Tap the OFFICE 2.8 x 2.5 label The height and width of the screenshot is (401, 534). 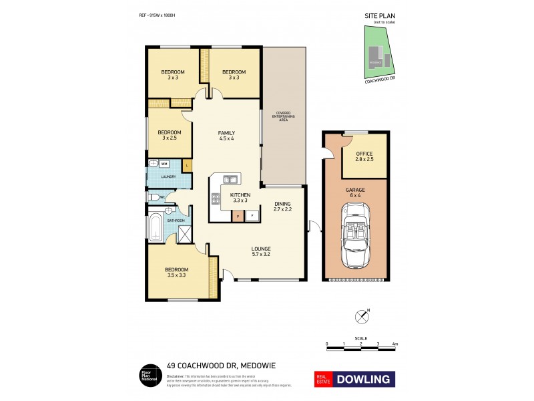(x=364, y=156)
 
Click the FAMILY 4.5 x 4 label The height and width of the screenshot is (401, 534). (x=226, y=136)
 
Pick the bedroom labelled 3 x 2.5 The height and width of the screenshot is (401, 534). (x=170, y=135)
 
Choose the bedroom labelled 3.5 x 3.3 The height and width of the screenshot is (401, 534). (x=177, y=273)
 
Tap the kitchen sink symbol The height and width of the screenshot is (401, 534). (x=230, y=179)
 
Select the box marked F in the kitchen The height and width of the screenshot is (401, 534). (x=252, y=215)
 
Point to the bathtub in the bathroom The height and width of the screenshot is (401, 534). (x=155, y=227)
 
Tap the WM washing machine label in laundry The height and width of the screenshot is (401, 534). (x=164, y=164)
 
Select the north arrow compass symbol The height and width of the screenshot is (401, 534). (x=362, y=313)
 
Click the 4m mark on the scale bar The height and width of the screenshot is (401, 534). (x=395, y=344)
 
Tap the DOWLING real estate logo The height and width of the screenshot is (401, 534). (x=352, y=379)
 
